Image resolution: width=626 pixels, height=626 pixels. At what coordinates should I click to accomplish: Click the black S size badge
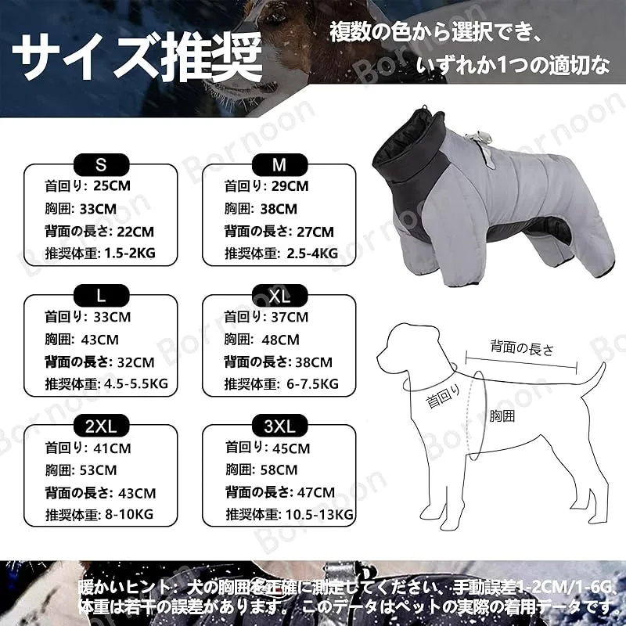[102, 164]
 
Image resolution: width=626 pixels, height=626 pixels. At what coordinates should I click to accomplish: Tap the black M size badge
[279, 164]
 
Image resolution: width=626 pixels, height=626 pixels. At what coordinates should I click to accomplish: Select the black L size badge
[102, 296]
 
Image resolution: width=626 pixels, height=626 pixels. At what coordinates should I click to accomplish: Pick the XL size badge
[279, 296]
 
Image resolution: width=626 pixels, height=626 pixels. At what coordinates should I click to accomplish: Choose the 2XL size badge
[102, 426]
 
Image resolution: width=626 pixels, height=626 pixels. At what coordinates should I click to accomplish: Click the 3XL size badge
[279, 426]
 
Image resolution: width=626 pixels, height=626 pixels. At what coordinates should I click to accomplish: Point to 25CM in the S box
[112, 185]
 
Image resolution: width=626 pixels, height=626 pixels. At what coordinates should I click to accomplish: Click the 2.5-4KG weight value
[312, 253]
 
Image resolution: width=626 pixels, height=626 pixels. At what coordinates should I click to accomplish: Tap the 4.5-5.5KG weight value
[135, 383]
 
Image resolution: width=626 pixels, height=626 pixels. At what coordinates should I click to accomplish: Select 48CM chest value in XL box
[280, 340]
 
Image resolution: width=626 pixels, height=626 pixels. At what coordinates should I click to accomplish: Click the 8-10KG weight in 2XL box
[129, 514]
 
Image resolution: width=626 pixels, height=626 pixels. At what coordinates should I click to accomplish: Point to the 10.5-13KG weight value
[319, 514]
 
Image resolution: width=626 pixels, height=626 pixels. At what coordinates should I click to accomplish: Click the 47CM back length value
[316, 493]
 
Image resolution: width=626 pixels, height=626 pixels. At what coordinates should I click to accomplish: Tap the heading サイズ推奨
[137, 56]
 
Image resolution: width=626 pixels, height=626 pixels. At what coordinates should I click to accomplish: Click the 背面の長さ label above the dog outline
[522, 348]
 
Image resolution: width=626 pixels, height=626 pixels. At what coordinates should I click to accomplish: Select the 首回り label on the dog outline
[443, 397]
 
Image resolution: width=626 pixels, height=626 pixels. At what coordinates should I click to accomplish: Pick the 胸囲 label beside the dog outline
[502, 416]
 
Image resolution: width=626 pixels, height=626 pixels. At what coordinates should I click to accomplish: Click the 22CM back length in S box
[135, 232]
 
